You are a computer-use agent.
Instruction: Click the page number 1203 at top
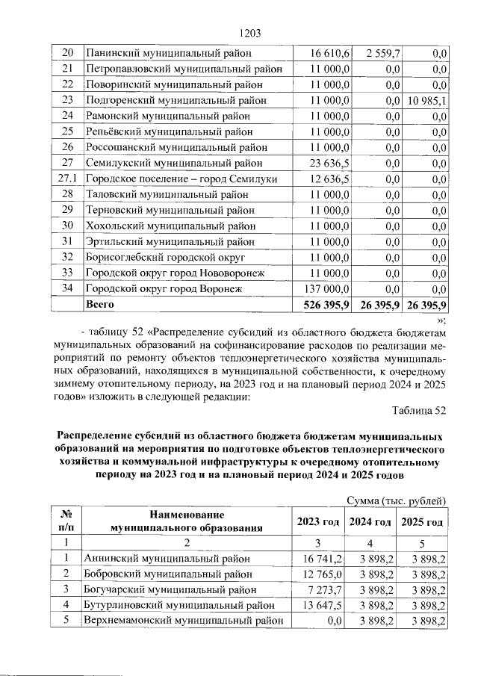tap(248, 34)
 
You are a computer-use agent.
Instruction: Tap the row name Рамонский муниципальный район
tap(167, 117)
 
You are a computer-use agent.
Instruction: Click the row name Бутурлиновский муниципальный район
tap(174, 605)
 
